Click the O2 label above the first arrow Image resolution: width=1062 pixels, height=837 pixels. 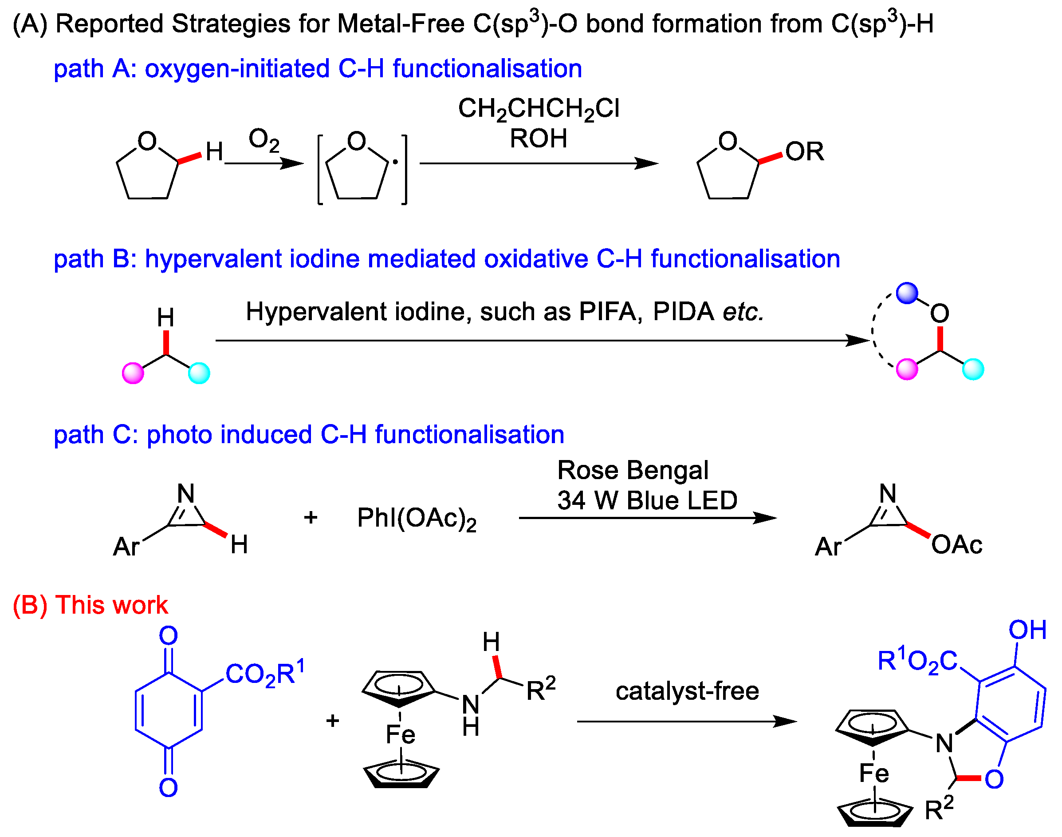[264, 140]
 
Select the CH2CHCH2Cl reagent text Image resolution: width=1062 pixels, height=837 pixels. [539, 109]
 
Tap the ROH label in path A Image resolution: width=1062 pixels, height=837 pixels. [539, 139]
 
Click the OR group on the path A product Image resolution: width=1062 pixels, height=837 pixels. [804, 151]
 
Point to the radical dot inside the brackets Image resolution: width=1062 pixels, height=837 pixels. [395, 162]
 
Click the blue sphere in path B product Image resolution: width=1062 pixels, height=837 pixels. [906, 293]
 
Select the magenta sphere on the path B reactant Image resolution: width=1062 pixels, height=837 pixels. [133, 373]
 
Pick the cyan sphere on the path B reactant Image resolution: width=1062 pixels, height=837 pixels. [199, 373]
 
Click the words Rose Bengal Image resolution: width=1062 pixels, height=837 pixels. [633, 470]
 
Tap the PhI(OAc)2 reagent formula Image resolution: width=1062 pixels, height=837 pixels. [417, 519]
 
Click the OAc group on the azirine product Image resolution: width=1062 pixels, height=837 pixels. [956, 544]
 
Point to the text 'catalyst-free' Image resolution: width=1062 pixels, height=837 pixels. [687, 691]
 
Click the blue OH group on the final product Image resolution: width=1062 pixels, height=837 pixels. [1027, 630]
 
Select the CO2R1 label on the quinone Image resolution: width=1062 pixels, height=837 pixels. [265, 673]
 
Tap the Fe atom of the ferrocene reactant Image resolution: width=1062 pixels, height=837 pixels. [400, 734]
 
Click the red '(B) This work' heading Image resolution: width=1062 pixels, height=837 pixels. [90, 605]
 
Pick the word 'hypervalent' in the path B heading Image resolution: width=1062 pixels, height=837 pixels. [213, 259]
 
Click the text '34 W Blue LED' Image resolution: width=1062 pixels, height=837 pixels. [647, 500]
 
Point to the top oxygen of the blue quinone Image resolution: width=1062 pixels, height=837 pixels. [168, 636]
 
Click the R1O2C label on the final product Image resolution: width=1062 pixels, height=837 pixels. [917, 661]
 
